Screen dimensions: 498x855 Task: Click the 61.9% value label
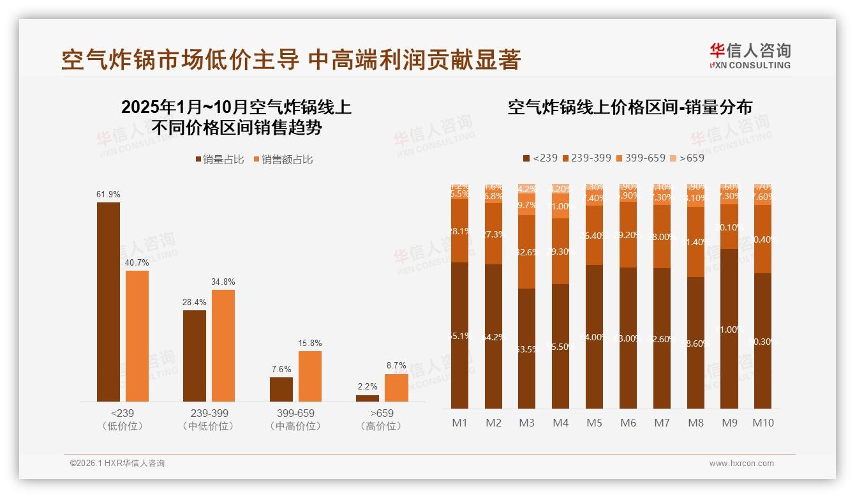coord(108,194)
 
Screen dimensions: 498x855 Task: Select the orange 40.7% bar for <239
coord(137,336)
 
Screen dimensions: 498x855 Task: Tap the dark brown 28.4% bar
coord(195,356)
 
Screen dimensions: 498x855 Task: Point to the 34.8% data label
coord(223,282)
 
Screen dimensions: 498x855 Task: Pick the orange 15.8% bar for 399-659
coord(310,376)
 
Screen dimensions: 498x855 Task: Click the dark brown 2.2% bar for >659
coord(368,398)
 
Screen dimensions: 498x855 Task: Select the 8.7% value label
coord(396,366)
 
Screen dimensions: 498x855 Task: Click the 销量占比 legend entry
coord(219,160)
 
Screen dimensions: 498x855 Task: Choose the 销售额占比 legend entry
coord(283,160)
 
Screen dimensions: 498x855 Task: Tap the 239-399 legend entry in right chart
coord(586,158)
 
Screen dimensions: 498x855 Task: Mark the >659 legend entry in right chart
coord(688,158)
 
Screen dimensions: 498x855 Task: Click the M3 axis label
coord(527,423)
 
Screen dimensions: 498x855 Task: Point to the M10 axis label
coord(763,423)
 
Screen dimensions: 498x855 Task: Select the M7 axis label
coord(662,423)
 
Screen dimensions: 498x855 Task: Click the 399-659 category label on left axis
coord(296,413)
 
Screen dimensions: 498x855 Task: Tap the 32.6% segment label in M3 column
coord(527,252)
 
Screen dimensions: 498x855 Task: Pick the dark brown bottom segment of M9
coord(729,329)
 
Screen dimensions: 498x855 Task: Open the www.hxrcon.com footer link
coord(741,464)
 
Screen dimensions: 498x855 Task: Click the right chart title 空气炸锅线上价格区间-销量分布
coord(630,107)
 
